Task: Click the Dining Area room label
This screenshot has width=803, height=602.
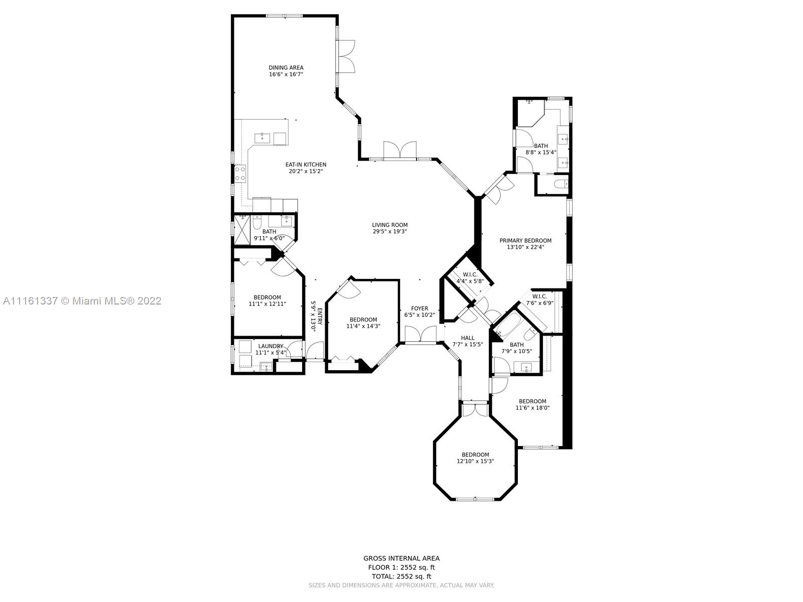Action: coord(286,68)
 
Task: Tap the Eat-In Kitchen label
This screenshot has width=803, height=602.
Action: coord(306,165)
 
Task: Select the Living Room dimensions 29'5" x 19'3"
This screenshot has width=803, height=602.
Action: coord(389,231)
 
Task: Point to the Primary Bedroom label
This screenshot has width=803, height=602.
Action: coord(525,240)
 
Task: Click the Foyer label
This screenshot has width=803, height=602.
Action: coord(419,309)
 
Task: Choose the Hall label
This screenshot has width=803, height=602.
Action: coord(468,338)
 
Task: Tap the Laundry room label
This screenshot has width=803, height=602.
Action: coord(271,346)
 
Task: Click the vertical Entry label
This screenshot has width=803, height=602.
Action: coord(319,316)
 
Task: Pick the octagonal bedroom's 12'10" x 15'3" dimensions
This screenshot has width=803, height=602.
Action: coord(475,461)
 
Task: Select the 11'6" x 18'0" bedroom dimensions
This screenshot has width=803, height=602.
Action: coord(532,408)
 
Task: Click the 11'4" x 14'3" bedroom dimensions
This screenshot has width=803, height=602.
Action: coord(363,326)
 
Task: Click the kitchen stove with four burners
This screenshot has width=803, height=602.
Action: coord(240,174)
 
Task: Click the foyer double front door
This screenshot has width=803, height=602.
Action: coord(421,335)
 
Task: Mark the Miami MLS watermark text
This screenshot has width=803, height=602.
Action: coord(82,301)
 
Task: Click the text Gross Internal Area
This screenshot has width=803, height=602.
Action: coord(401,558)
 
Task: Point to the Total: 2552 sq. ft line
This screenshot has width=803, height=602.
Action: coord(401,576)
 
